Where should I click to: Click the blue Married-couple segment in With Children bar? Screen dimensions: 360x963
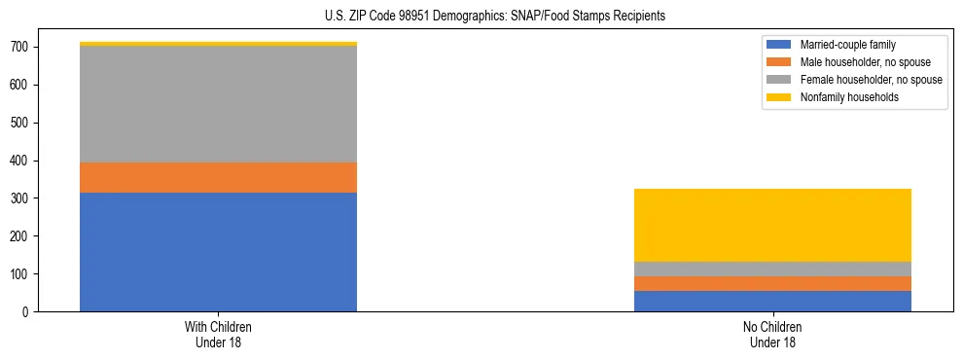point(218,252)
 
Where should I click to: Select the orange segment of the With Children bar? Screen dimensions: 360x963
point(218,177)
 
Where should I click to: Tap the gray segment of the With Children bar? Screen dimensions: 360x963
point(218,104)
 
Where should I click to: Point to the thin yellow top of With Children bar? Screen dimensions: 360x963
point(218,44)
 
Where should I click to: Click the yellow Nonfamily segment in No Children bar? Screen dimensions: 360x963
point(772,225)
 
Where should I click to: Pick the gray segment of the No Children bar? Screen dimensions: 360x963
point(772,269)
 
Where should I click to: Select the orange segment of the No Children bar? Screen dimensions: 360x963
point(772,283)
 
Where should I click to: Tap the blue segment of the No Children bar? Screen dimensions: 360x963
point(772,301)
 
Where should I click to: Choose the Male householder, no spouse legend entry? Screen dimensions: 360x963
point(857,62)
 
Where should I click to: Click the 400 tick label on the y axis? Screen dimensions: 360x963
point(23,161)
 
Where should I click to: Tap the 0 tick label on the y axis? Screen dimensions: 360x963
point(30,312)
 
